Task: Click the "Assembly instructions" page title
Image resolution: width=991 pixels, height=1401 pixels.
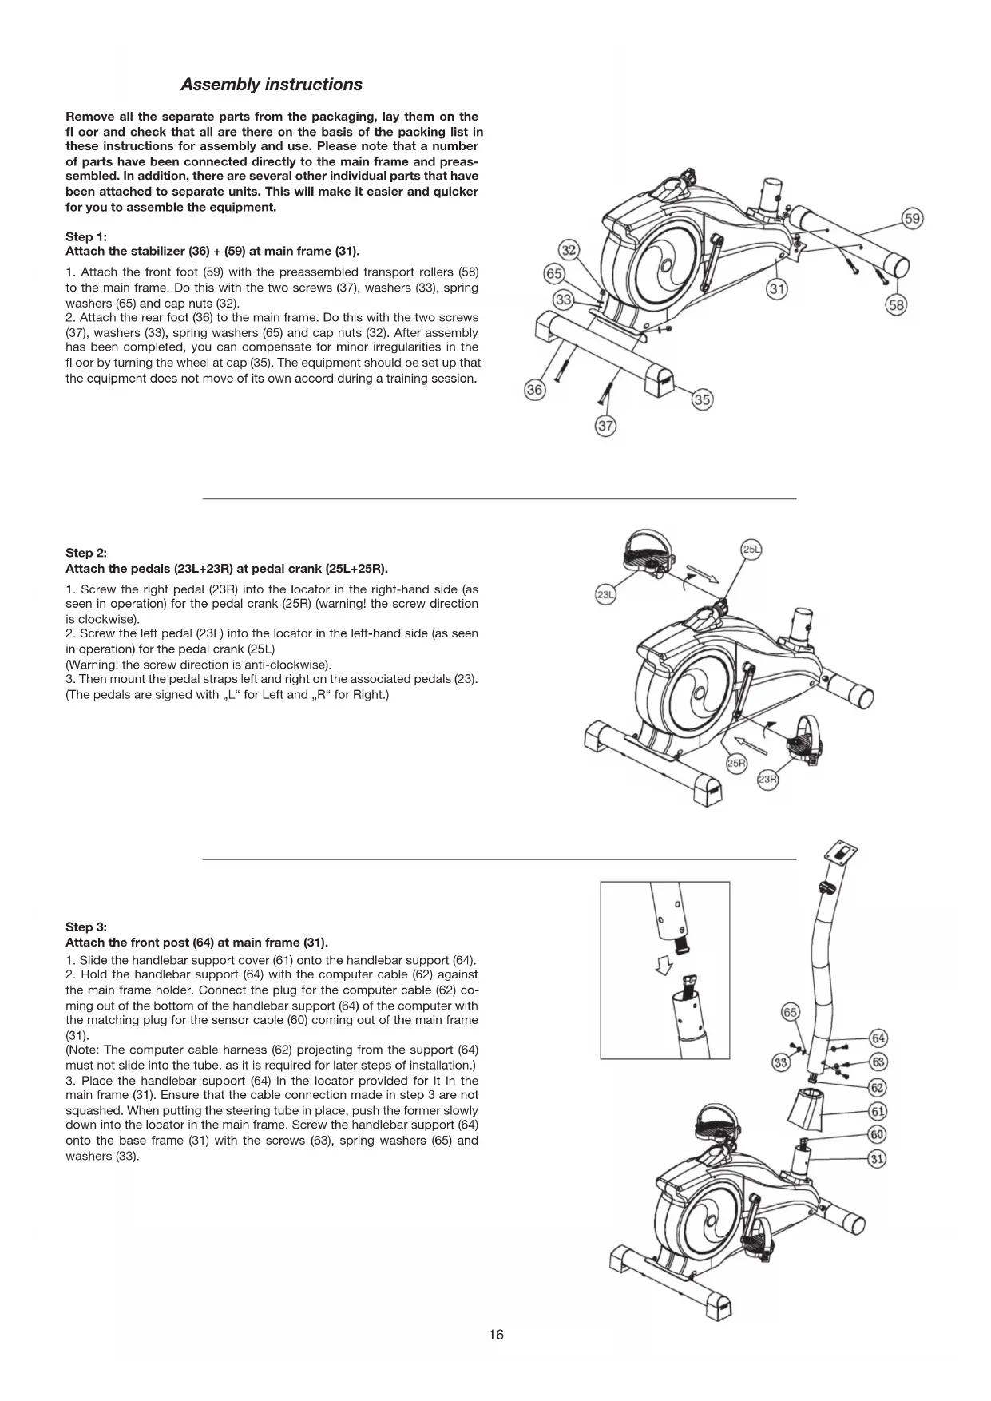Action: click(x=271, y=85)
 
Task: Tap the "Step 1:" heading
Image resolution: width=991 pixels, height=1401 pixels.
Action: click(x=85, y=236)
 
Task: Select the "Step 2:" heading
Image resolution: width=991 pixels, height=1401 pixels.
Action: click(x=85, y=553)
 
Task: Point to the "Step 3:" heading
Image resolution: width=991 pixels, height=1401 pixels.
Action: click(x=85, y=927)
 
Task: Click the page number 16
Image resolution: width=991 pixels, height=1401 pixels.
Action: click(x=496, y=1335)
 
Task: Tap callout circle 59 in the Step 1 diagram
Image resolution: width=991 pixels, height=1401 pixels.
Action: click(x=912, y=218)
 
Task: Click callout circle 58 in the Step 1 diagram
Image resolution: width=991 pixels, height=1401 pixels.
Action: click(x=897, y=304)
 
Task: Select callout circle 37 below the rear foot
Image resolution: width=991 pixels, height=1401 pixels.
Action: click(x=606, y=425)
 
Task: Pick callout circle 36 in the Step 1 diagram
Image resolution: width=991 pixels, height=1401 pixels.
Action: click(x=534, y=391)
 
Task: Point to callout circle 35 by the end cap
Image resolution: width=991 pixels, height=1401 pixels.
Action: click(x=702, y=400)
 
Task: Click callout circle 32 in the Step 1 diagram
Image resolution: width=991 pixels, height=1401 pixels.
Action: click(x=569, y=250)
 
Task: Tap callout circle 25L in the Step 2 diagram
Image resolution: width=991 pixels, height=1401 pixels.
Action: click(x=751, y=550)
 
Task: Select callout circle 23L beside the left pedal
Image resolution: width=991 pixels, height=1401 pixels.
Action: click(x=606, y=595)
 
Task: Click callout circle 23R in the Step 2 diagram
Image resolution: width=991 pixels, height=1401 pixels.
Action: click(x=767, y=780)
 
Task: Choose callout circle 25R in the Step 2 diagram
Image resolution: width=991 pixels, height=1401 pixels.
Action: click(x=736, y=764)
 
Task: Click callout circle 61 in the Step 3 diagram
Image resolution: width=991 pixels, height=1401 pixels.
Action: click(x=878, y=1111)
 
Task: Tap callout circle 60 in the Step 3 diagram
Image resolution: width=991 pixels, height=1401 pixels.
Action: click(x=878, y=1135)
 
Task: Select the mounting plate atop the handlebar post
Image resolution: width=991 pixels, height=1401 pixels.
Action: click(x=843, y=852)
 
